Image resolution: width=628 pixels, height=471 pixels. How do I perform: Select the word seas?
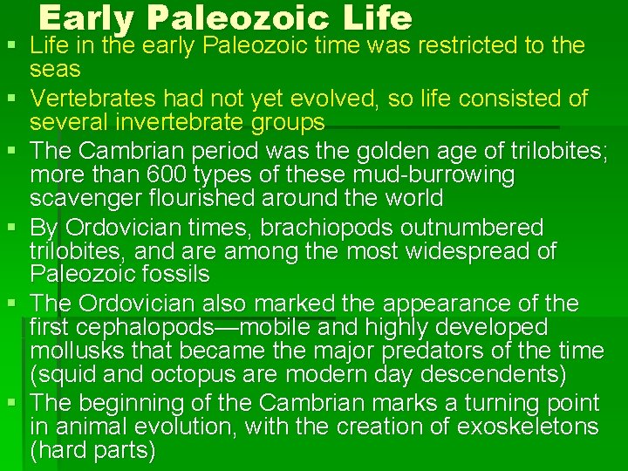[55, 69]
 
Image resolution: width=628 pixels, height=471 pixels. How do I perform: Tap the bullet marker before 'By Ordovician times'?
[11, 229]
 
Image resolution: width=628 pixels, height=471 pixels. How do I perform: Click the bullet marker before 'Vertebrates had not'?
[11, 99]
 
